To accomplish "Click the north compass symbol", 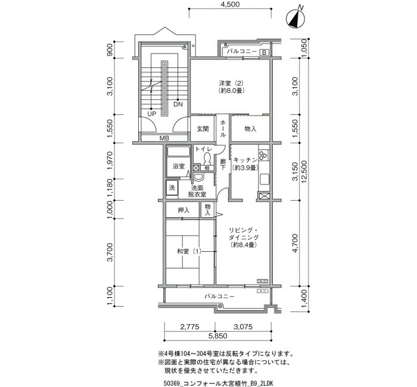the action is tap(295, 18).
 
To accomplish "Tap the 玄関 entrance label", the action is tap(203, 129).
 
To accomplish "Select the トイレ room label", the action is tap(204, 149).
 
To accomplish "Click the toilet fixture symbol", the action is tap(207, 160).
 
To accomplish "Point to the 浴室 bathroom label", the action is tap(179, 166).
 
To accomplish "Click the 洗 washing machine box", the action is tap(172, 188).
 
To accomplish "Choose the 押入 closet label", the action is tap(183, 210).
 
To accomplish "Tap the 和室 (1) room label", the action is tap(189, 251).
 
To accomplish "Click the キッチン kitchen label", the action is tap(245, 160).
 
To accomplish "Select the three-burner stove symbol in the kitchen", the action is tap(264, 155).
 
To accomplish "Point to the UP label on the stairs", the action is tap(151, 114).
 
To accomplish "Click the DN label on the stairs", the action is tap(178, 104).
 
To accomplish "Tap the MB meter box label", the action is tap(164, 138).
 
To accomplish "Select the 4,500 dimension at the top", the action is tap(230, 5).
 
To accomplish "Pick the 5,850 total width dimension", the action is tap(217, 336).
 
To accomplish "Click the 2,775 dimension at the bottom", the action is tap(190, 327).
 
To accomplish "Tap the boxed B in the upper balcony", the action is tap(264, 52).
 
